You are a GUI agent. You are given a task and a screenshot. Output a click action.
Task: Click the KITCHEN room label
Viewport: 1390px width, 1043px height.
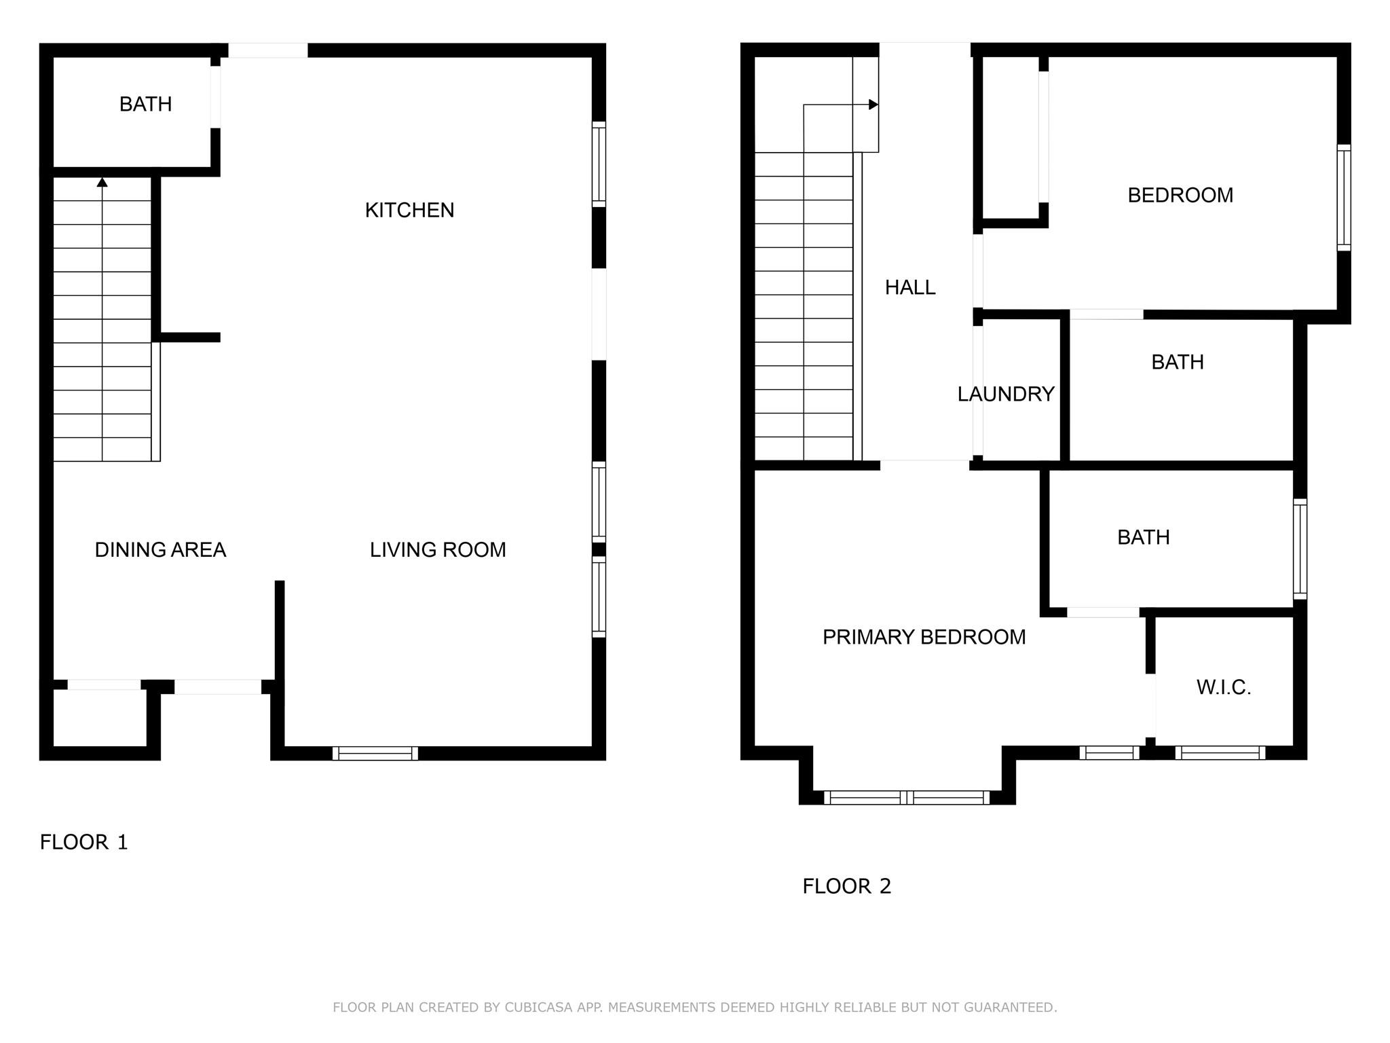409,211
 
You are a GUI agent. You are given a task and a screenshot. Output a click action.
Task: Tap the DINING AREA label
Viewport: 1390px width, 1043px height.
160,550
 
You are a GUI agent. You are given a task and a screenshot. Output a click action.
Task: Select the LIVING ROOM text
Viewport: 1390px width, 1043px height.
438,550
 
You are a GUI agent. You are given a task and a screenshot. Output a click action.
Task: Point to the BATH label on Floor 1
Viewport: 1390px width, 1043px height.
145,105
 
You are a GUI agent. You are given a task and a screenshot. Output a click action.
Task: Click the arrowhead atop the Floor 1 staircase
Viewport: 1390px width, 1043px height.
102,182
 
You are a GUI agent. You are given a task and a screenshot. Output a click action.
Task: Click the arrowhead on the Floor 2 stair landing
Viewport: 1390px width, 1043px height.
874,105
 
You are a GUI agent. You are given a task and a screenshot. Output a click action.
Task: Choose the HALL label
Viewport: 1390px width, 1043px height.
910,288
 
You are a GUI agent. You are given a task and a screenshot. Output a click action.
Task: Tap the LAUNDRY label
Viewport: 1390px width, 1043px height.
1006,395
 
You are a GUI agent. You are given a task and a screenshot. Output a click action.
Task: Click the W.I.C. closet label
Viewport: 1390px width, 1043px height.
1224,688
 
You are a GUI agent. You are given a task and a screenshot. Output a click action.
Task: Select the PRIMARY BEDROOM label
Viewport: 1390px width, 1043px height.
924,638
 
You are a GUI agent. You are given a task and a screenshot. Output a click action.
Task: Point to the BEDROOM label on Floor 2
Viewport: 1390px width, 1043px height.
1180,196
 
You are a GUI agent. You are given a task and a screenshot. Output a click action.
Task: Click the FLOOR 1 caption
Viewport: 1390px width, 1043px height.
83,843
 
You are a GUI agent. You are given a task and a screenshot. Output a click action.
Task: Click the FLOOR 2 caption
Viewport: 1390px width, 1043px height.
846,887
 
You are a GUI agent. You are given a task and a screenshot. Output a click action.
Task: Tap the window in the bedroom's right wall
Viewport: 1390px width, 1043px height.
1344,198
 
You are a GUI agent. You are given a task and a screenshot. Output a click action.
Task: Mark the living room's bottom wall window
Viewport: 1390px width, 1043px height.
375,753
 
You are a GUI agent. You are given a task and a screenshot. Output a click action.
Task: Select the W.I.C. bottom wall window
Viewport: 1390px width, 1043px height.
1220,752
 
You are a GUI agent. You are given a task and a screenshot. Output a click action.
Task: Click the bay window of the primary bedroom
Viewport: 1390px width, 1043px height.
907,798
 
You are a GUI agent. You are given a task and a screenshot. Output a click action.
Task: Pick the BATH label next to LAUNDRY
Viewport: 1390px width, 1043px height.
1178,363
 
